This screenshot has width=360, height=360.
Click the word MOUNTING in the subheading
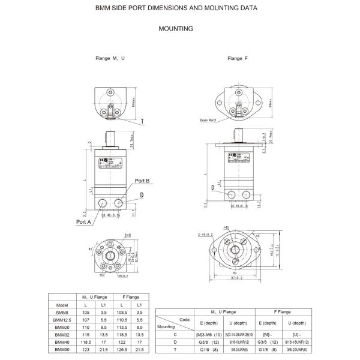pyautogui.click(x=175, y=28)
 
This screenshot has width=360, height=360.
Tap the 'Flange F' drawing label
pyautogui.click(x=238, y=59)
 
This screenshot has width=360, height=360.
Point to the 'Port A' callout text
pyautogui.click(x=84, y=221)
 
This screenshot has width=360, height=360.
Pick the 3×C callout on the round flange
pyautogui.click(x=127, y=235)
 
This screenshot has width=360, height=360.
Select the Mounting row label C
pyautogui.click(x=175, y=334)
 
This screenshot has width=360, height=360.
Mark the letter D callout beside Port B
pyautogui.click(x=142, y=195)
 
